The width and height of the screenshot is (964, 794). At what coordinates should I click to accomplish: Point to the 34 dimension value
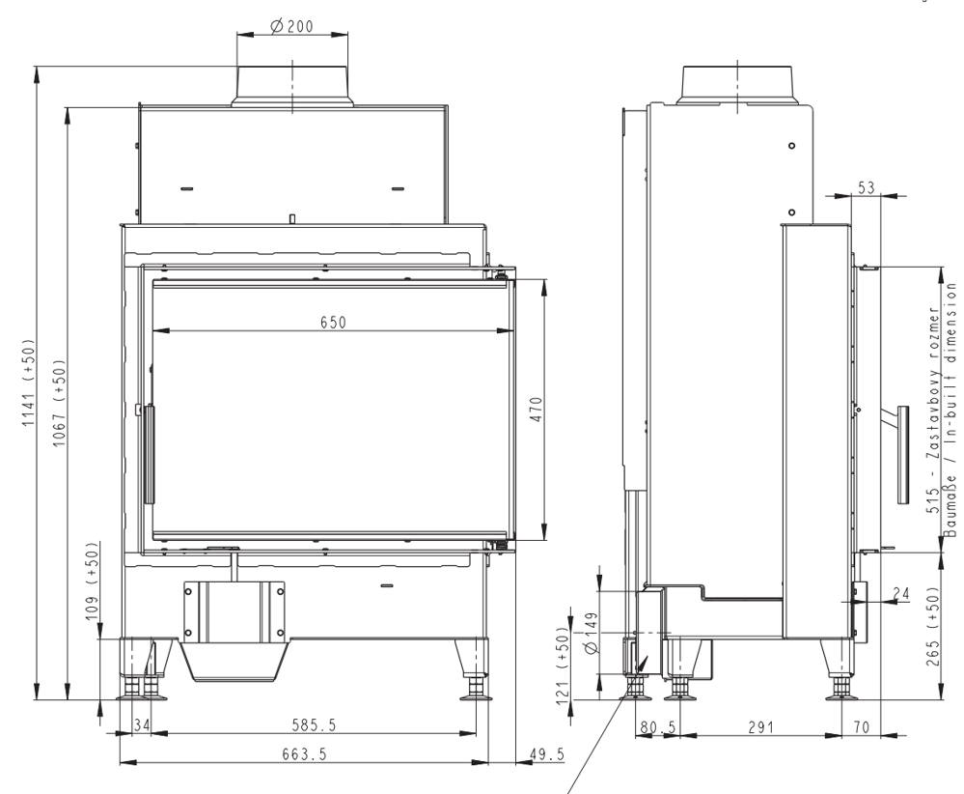(x=141, y=724)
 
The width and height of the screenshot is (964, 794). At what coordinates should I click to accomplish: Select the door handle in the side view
(x=902, y=454)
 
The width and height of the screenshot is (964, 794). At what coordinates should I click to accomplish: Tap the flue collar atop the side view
(x=738, y=84)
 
